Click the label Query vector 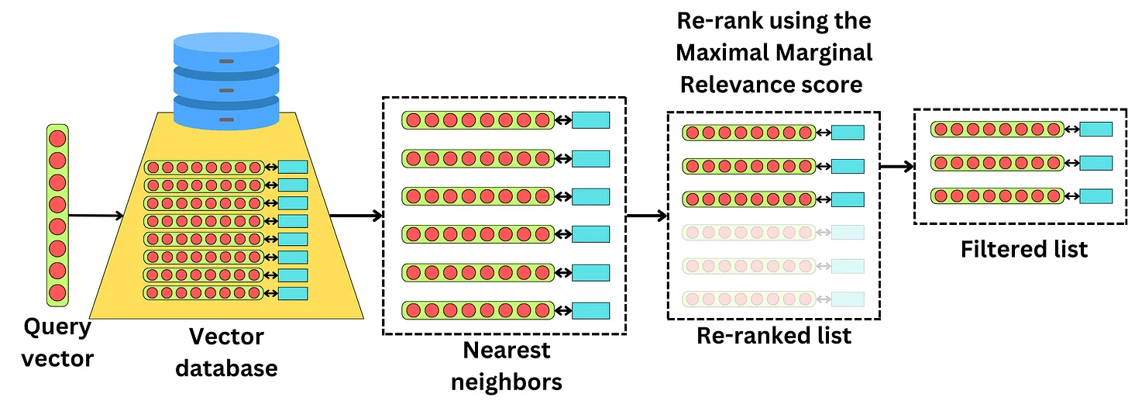click(57, 343)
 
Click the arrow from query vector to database click(95, 215)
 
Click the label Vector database click(226, 351)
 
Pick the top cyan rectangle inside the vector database click(293, 167)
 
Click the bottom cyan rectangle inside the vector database click(293, 293)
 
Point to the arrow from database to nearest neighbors click(355, 215)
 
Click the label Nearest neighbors click(507, 366)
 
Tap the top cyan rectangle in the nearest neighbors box click(590, 120)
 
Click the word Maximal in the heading click(721, 53)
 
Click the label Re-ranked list click(774, 335)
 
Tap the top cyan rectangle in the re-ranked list click(848, 133)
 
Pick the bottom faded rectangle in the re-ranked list click(848, 299)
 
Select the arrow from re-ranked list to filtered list click(896, 166)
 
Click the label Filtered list click(1024, 249)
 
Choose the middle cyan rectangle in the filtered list click(1095, 163)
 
